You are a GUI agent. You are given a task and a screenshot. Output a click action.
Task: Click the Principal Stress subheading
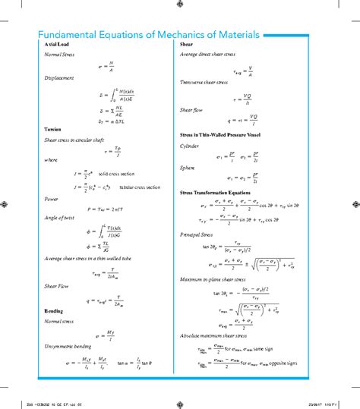coord(200,234)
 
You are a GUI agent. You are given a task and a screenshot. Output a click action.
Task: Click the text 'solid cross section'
coord(117,174)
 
